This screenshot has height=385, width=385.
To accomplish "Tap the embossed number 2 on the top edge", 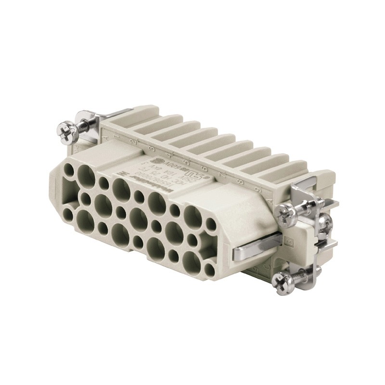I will [x=130, y=143].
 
